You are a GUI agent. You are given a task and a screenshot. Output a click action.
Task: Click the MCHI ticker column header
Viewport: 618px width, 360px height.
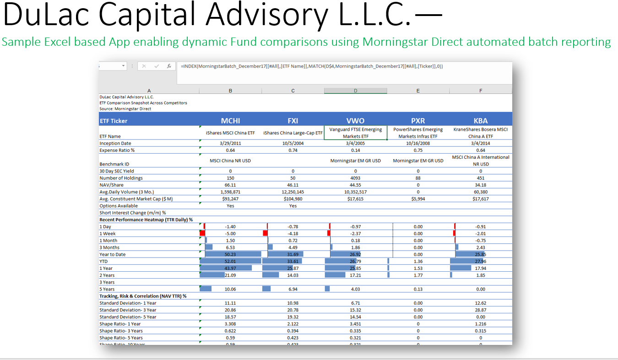point(230,121)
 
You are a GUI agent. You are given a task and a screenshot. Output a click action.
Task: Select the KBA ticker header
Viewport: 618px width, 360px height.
point(481,121)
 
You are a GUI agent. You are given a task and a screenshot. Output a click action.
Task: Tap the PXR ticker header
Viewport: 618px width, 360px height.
point(418,121)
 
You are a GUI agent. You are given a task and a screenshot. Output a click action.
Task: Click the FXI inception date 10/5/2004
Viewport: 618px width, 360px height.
point(293,144)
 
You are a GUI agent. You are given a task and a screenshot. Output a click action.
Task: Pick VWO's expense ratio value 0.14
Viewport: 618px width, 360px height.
point(356,150)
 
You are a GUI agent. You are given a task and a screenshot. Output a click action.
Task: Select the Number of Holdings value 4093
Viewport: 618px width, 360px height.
point(356,178)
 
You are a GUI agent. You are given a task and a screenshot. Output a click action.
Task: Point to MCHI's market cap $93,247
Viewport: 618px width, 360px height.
point(230,199)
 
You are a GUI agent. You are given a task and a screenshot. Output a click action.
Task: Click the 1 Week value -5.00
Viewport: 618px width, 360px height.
point(230,234)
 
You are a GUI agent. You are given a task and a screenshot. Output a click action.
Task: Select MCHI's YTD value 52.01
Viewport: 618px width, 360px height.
point(230,262)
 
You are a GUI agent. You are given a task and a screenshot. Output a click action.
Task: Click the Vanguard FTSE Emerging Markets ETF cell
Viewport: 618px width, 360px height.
point(356,133)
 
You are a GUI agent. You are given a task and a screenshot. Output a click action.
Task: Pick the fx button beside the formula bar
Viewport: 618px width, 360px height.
point(169,66)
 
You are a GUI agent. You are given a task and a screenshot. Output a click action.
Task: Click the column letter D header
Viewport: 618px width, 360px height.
point(356,91)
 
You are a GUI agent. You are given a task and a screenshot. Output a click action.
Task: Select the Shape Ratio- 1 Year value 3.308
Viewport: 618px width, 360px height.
point(230,324)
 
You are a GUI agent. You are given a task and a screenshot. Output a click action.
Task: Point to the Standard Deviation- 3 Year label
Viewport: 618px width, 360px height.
point(128,310)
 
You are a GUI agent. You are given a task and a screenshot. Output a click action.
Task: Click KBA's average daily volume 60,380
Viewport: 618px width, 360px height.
point(481,192)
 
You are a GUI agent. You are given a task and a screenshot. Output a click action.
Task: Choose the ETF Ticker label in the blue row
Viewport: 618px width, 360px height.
point(114,121)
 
